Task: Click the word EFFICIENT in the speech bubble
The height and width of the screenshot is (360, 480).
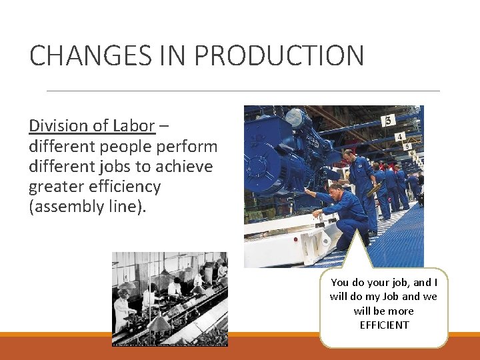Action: [x=383, y=325]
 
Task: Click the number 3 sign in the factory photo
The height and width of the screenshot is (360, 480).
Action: [x=387, y=121]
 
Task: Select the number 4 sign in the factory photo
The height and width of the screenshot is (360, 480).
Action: [x=399, y=137]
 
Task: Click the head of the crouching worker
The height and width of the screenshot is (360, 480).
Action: [x=336, y=189]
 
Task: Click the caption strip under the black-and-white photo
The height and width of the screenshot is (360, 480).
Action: [x=169, y=344]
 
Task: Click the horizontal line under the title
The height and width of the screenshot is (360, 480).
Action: [x=243, y=91]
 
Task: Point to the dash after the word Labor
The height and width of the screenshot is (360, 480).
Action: [x=164, y=126]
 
